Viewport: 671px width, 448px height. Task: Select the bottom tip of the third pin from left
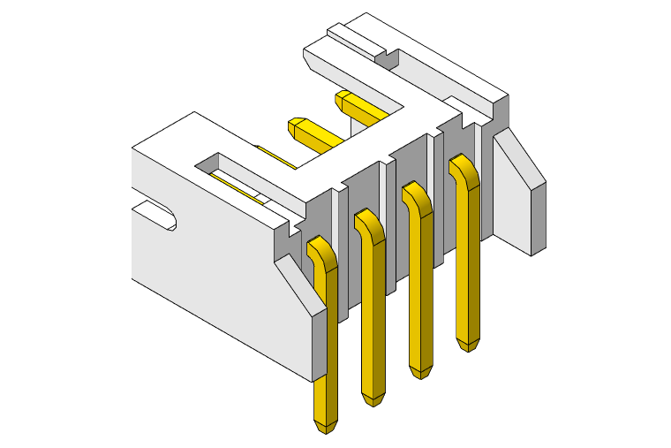click(x=421, y=372)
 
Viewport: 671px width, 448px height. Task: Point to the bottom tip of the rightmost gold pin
click(x=468, y=345)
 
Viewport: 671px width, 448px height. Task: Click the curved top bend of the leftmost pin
click(x=320, y=250)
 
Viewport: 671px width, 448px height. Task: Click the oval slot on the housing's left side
click(x=157, y=215)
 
